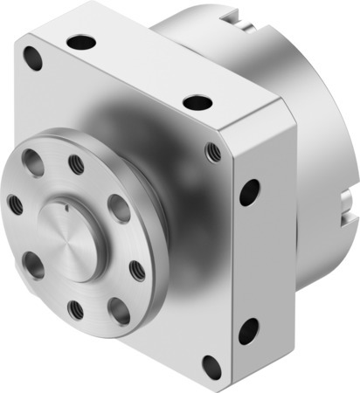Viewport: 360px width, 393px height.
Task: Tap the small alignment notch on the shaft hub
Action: click(x=66, y=207)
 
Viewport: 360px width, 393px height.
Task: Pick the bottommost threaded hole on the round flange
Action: click(x=77, y=309)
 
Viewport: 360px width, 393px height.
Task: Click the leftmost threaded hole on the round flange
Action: click(x=15, y=204)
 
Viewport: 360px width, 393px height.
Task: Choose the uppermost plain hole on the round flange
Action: click(x=34, y=162)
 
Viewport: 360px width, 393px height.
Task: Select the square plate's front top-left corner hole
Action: click(x=33, y=59)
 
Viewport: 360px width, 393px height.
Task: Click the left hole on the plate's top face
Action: click(x=82, y=41)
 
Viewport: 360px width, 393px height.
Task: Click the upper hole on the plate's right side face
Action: click(x=249, y=190)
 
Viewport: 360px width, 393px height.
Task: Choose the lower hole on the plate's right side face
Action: click(x=249, y=329)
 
